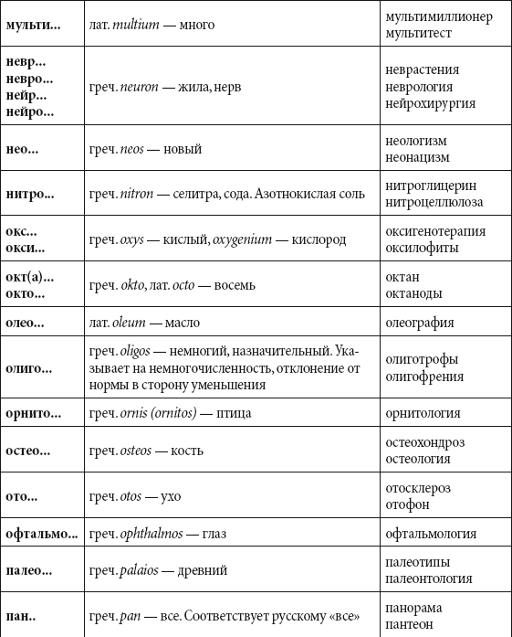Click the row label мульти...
tap(33, 25)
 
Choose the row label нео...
tap(23, 148)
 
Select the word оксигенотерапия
tap(435, 230)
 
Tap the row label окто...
tap(26, 293)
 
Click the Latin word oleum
tap(130, 322)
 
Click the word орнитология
tap(423, 413)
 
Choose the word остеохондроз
tap(425, 441)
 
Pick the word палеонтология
tap(429, 578)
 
